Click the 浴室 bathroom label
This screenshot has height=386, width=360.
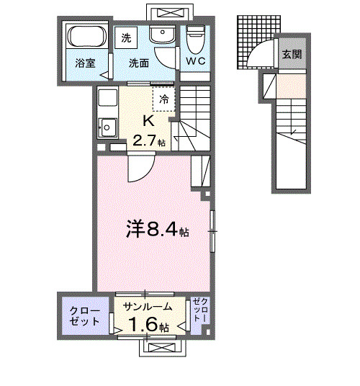(81, 63)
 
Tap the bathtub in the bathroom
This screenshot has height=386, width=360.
(86, 37)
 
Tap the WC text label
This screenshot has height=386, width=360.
(196, 61)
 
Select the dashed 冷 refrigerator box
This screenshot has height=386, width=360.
(163, 98)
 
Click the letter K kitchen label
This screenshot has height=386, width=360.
(148, 120)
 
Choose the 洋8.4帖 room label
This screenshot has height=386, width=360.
(149, 231)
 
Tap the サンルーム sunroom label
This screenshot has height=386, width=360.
(148, 306)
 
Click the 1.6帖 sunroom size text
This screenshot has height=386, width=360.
(149, 326)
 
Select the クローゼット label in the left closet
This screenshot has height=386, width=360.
(84, 315)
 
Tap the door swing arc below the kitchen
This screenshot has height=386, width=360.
(137, 168)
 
